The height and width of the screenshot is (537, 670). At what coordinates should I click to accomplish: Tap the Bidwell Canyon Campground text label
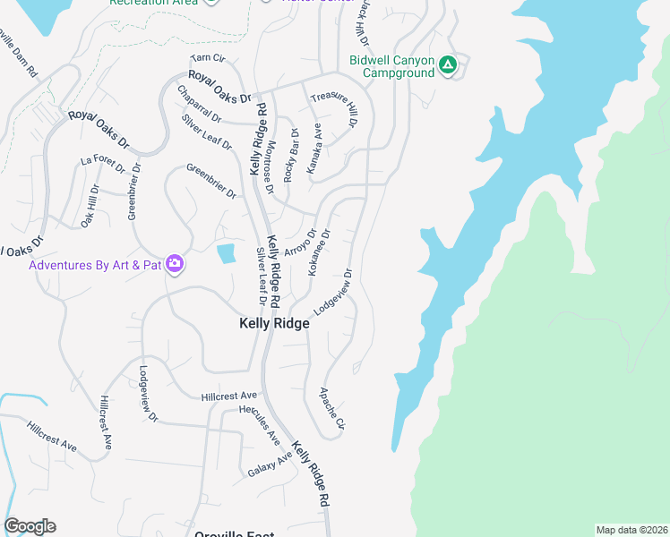click(x=391, y=66)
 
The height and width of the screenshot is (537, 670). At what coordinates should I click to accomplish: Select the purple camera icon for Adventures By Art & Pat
click(x=175, y=265)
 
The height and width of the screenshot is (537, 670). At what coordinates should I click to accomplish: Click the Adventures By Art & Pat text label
click(x=94, y=266)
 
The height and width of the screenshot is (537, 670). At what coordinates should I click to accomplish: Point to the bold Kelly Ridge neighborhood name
click(x=274, y=324)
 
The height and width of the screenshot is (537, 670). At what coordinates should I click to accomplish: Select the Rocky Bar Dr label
click(x=292, y=155)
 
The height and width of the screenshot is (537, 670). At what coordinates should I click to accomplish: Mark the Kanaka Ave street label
click(x=314, y=149)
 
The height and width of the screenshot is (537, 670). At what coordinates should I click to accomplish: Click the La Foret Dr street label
click(x=99, y=160)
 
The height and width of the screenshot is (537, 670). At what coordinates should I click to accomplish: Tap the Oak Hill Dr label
click(x=89, y=206)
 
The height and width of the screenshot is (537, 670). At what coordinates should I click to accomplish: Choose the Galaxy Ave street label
click(x=271, y=465)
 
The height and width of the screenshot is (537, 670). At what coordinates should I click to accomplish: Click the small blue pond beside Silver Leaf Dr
click(x=226, y=253)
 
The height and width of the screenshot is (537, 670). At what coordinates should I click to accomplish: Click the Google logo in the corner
click(x=30, y=526)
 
